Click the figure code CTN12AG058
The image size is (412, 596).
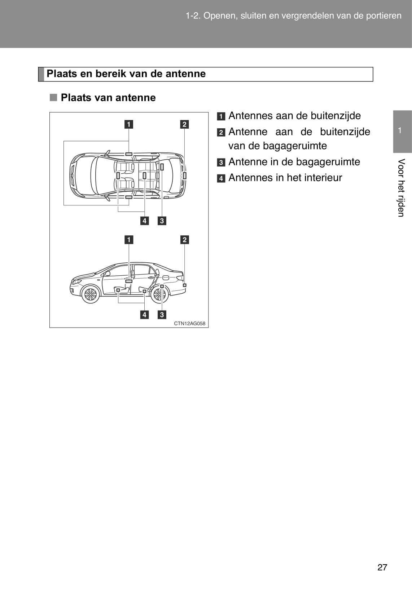coord(190,324)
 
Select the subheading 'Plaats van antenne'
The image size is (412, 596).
coord(108,98)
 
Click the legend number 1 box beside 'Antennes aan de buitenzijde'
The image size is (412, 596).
coord(221,116)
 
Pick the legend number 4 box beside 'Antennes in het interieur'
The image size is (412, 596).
coord(221,178)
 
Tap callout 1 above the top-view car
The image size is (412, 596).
coord(129,124)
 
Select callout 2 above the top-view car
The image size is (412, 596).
coord(185,124)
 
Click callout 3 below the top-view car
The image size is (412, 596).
coord(162,221)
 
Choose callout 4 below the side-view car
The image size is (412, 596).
coord(144,315)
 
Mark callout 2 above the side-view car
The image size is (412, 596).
coord(185,240)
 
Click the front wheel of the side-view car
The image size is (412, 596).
coord(91,294)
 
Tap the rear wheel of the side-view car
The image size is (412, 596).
coord(159,294)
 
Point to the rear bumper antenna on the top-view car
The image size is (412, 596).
coord(185,175)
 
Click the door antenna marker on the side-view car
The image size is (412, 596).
coord(129,281)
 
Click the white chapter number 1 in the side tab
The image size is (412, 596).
coord(399,130)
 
